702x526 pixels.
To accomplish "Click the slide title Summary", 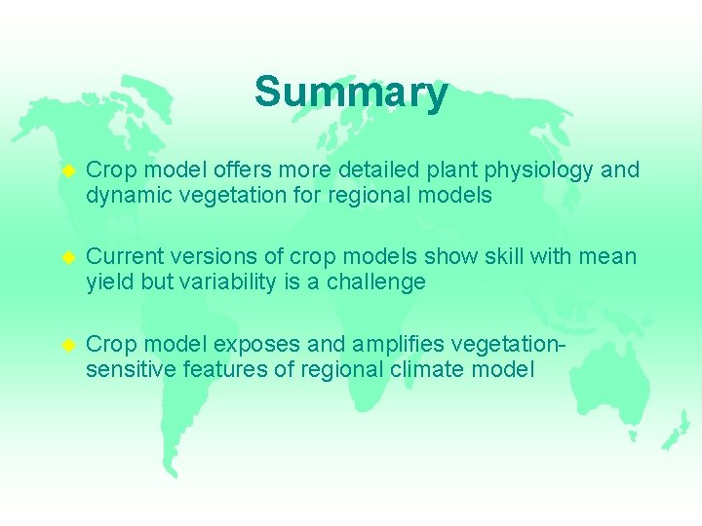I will coord(351,93).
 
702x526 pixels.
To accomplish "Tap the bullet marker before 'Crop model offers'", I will coord(68,170).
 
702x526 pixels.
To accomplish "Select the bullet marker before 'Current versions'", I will coord(68,257).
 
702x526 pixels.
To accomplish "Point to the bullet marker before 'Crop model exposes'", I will coord(68,345).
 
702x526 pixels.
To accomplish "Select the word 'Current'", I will coord(125,257).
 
